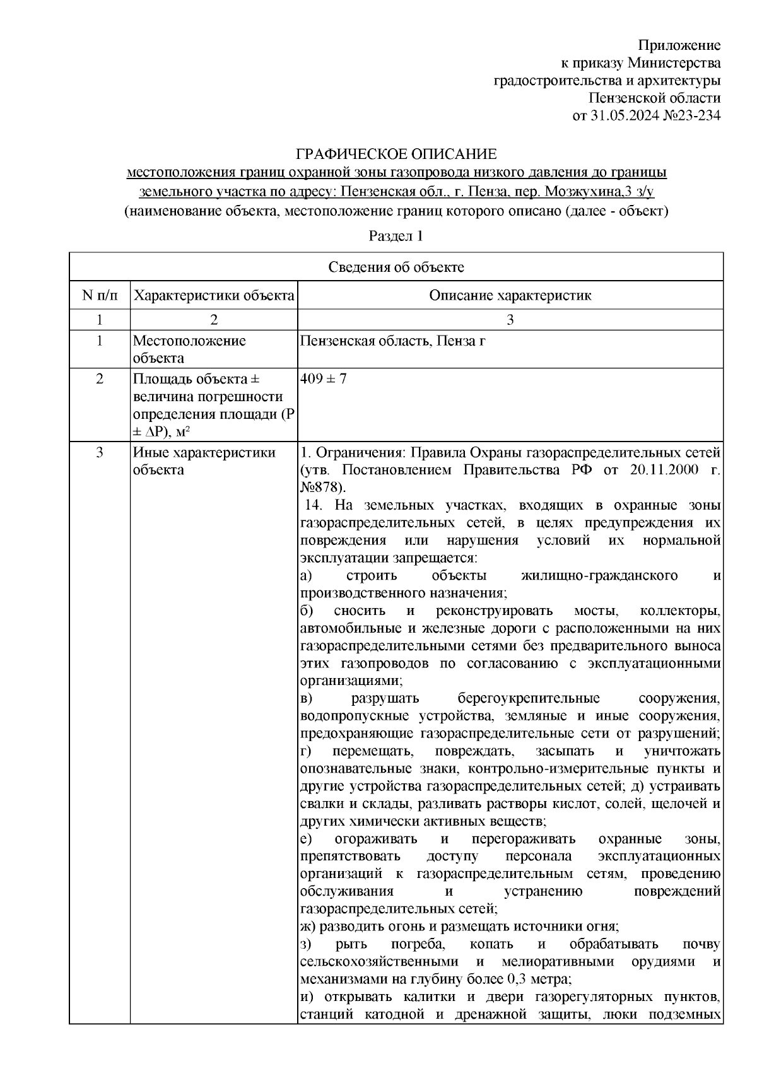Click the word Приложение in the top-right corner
pyautogui.click(x=679, y=45)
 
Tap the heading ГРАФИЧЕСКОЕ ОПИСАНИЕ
pyautogui.click(x=397, y=155)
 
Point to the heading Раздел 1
pyautogui.click(x=396, y=237)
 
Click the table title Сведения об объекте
pyautogui.click(x=396, y=267)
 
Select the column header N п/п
pyautogui.click(x=100, y=296)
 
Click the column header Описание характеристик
pyautogui.click(x=510, y=296)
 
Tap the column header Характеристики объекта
pyautogui.click(x=214, y=296)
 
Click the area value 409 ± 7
pyautogui.click(x=323, y=379)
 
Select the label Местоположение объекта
pyautogui.click(x=189, y=349)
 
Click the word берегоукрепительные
pyautogui.click(x=527, y=699)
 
